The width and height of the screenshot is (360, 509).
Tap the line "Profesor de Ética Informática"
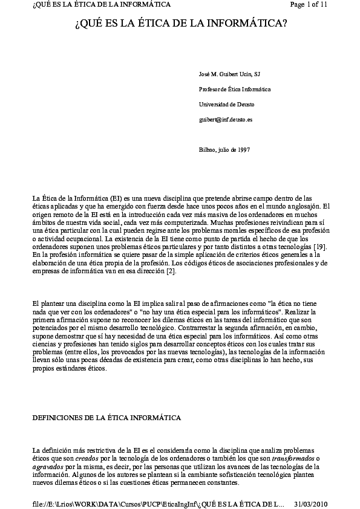click(x=235, y=89)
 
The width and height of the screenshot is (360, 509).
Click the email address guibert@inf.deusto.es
click(x=226, y=119)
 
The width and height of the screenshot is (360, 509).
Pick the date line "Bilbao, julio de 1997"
click(x=224, y=149)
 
